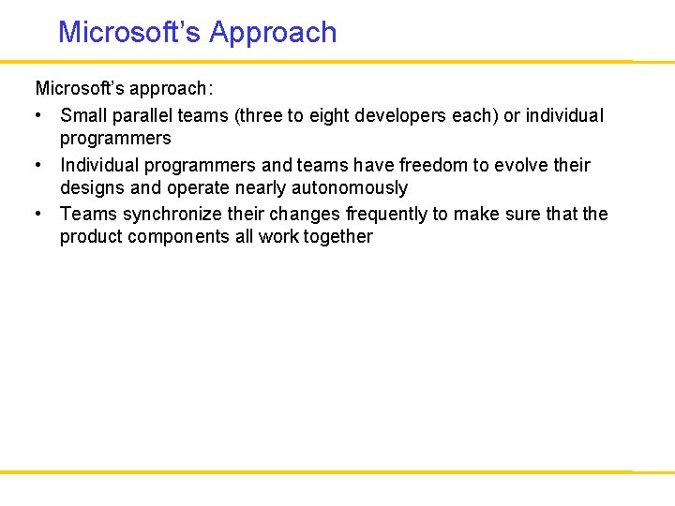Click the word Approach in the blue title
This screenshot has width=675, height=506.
[x=273, y=33]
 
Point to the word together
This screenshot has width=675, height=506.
[x=336, y=237]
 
